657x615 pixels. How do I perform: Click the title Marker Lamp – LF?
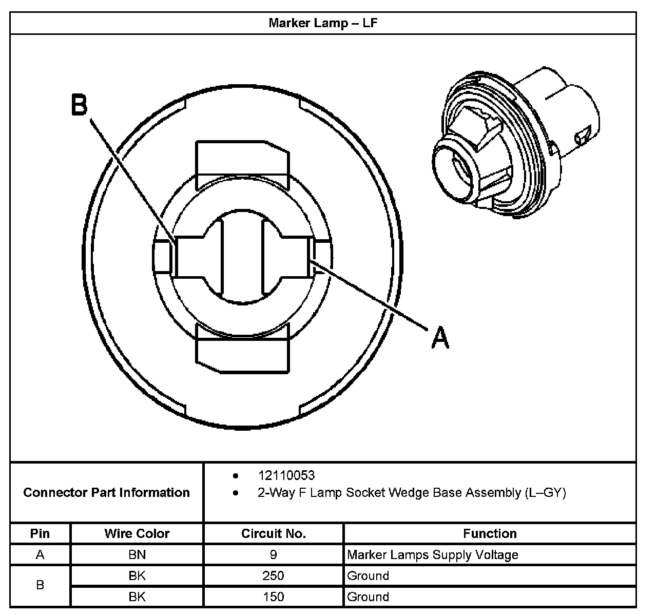tap(323, 23)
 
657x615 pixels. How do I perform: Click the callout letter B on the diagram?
tap(80, 105)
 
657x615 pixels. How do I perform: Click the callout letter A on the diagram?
tap(440, 337)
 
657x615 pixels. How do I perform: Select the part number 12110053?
tap(286, 475)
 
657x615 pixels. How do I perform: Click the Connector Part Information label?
tap(107, 493)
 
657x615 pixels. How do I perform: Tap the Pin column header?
tap(40, 533)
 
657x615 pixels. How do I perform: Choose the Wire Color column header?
tap(137, 533)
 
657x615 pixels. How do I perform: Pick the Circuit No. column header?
tap(273, 533)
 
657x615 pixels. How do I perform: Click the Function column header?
tap(489, 533)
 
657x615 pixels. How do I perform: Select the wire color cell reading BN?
tap(137, 554)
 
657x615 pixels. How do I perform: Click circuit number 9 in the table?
tap(273, 554)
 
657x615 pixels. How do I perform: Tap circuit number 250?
tap(273, 575)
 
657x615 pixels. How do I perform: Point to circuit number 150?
tap(273, 597)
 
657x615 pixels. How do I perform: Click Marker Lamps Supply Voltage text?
tap(432, 554)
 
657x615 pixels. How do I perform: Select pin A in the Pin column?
tap(40, 554)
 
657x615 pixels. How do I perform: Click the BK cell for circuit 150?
tap(137, 597)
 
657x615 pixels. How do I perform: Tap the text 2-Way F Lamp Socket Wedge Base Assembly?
tap(411, 493)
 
